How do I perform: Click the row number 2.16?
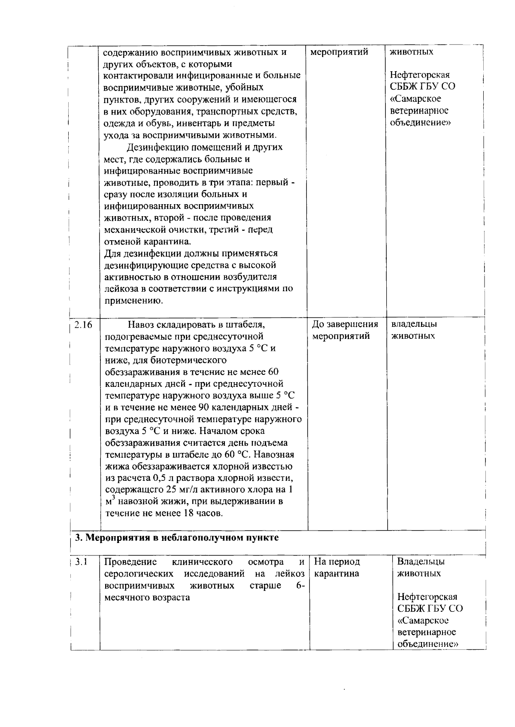pyautogui.click(x=83, y=325)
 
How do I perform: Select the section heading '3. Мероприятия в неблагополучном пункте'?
pyautogui.click(x=177, y=538)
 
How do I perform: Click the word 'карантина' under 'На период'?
pyautogui.click(x=336, y=573)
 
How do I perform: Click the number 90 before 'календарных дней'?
pyautogui.click(x=204, y=407)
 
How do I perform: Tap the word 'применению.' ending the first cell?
pyautogui.click(x=128, y=301)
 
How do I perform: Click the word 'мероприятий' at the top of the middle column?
pyautogui.click(x=339, y=52)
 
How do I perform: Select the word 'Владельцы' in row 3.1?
pyautogui.click(x=421, y=561)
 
